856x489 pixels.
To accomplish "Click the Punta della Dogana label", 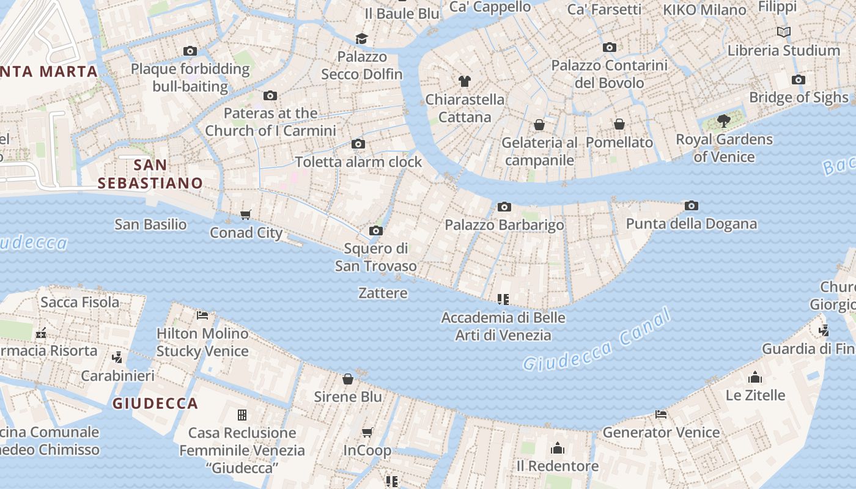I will (691, 224).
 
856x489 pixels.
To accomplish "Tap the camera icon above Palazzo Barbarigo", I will (504, 207).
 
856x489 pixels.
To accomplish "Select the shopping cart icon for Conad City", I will (246, 215).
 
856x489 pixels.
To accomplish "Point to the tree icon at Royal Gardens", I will (724, 121).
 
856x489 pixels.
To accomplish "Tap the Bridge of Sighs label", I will (799, 97).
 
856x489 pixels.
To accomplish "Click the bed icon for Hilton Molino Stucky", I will (203, 315).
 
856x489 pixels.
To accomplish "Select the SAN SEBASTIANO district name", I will (150, 174).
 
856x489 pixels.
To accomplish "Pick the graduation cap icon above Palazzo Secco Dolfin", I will (362, 39).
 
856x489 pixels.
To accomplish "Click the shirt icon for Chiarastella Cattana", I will (465, 81).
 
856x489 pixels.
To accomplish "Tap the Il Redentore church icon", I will (557, 449).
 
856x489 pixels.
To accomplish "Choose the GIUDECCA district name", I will (155, 403).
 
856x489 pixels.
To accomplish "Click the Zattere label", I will (383, 293).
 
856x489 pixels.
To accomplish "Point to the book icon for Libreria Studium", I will (783, 32).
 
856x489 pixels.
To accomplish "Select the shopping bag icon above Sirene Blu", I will (348, 379).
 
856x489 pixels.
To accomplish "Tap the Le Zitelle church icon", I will (755, 377).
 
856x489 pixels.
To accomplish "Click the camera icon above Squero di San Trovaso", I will (376, 230).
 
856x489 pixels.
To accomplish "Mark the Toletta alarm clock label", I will (358, 162).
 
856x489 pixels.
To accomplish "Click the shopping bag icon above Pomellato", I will (619, 124).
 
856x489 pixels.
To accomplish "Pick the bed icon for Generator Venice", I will (661, 414).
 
